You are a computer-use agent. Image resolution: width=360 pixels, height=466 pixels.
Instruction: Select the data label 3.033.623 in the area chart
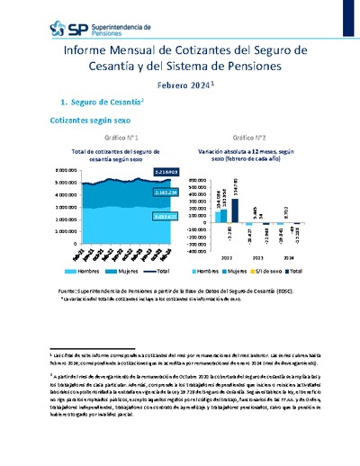[166, 217]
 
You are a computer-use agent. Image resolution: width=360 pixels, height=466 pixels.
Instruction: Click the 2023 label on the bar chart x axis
[259, 258]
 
